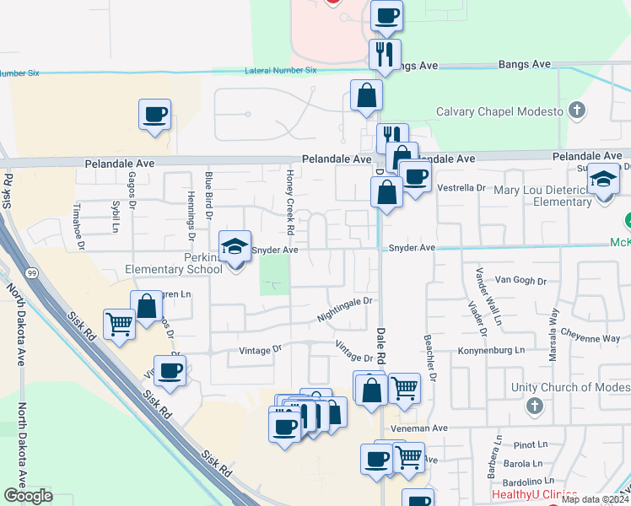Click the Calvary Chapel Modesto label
point(499,112)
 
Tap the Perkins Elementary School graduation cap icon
point(235,247)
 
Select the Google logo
point(28,496)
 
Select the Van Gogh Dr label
point(515,279)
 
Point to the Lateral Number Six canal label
point(280,71)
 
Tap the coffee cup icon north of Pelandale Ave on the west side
point(155,115)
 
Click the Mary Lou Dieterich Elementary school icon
point(603,180)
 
